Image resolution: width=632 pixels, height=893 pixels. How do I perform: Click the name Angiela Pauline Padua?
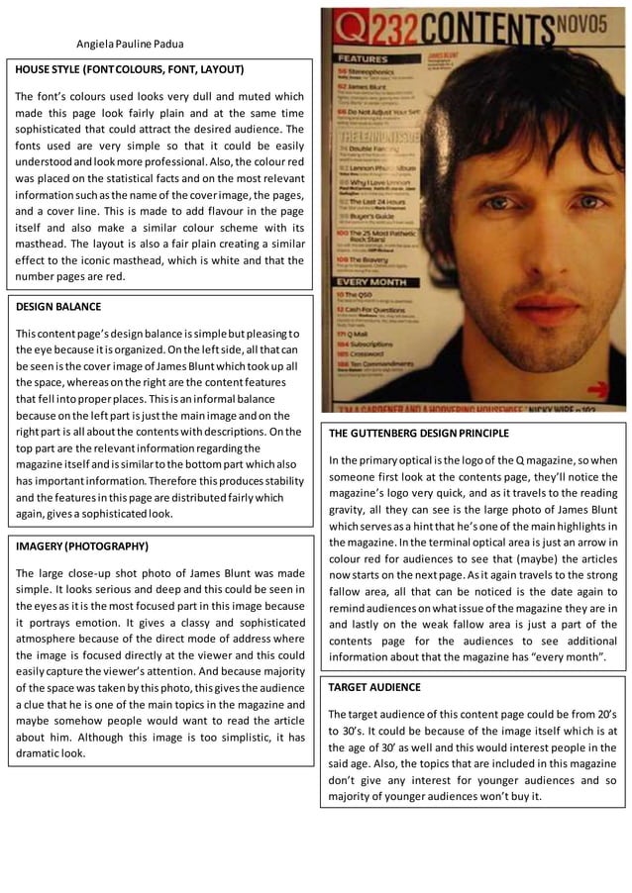130,44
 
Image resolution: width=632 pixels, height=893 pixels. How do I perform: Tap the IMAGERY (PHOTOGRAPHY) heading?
81,546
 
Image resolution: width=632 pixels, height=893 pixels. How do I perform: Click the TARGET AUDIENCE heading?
371,686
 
